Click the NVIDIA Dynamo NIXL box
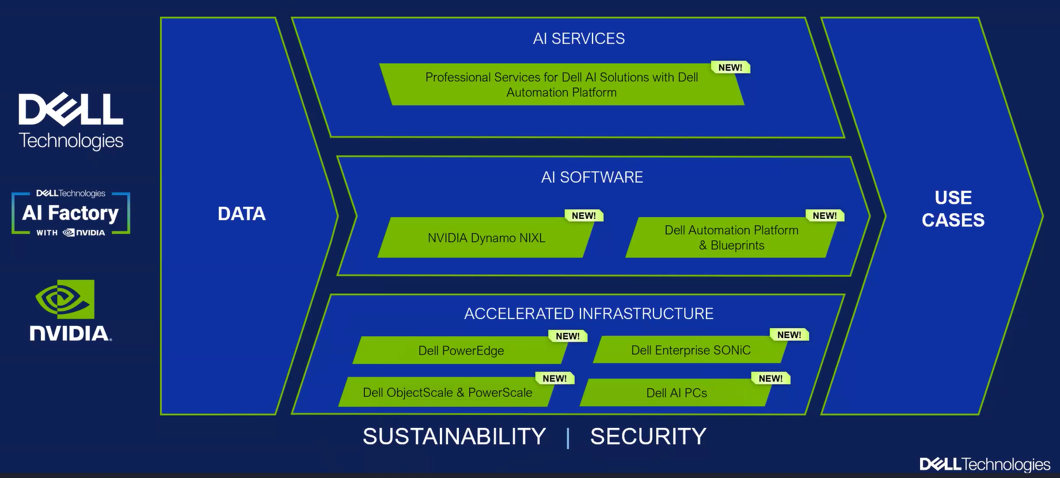point(486,237)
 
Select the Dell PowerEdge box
point(461,350)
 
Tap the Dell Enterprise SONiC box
point(691,350)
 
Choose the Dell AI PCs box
point(677,392)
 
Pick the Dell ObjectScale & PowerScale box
point(447,392)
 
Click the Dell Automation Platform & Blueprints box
point(731,237)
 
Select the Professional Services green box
point(561,85)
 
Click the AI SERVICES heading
point(579,39)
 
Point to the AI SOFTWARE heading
point(592,177)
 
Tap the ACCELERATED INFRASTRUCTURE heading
point(588,313)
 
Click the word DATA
point(241,214)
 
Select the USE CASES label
point(953,208)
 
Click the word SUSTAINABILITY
point(454,437)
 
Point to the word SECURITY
point(648,437)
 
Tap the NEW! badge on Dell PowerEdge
point(568,336)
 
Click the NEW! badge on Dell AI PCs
point(770,378)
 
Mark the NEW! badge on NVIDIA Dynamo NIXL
point(584,215)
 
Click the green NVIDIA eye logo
point(65,299)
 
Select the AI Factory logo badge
point(71,213)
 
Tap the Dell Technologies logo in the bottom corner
point(985,464)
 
